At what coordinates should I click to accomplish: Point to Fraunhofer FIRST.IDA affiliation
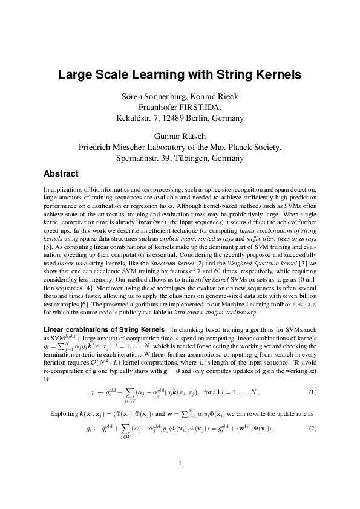[180, 107]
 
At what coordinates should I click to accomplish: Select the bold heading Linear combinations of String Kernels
[105, 329]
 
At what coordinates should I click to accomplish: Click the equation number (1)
[312, 392]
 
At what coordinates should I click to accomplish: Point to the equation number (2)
[312, 429]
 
